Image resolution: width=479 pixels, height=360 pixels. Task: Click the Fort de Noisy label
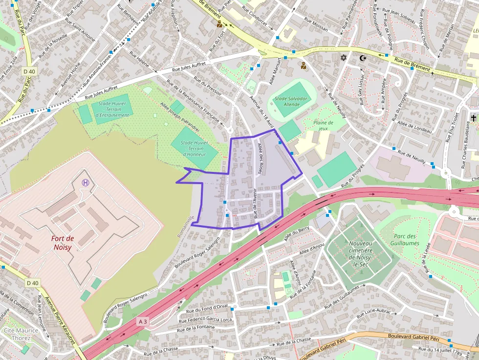[x=63, y=243]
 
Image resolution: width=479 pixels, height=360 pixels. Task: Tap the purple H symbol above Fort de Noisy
[x=86, y=183]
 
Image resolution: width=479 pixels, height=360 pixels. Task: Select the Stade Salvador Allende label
[x=291, y=102]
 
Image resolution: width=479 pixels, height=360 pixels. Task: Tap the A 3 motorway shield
[x=143, y=321]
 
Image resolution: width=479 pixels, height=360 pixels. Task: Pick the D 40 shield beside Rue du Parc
[x=29, y=71]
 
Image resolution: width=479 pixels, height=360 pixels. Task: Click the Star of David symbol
[x=343, y=58]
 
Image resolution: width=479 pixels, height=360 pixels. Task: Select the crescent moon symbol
[x=362, y=58]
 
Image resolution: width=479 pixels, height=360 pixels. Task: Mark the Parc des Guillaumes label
[x=406, y=239]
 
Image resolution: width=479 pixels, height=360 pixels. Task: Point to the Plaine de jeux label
[x=323, y=126]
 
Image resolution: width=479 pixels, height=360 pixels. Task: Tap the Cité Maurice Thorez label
[x=21, y=334]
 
